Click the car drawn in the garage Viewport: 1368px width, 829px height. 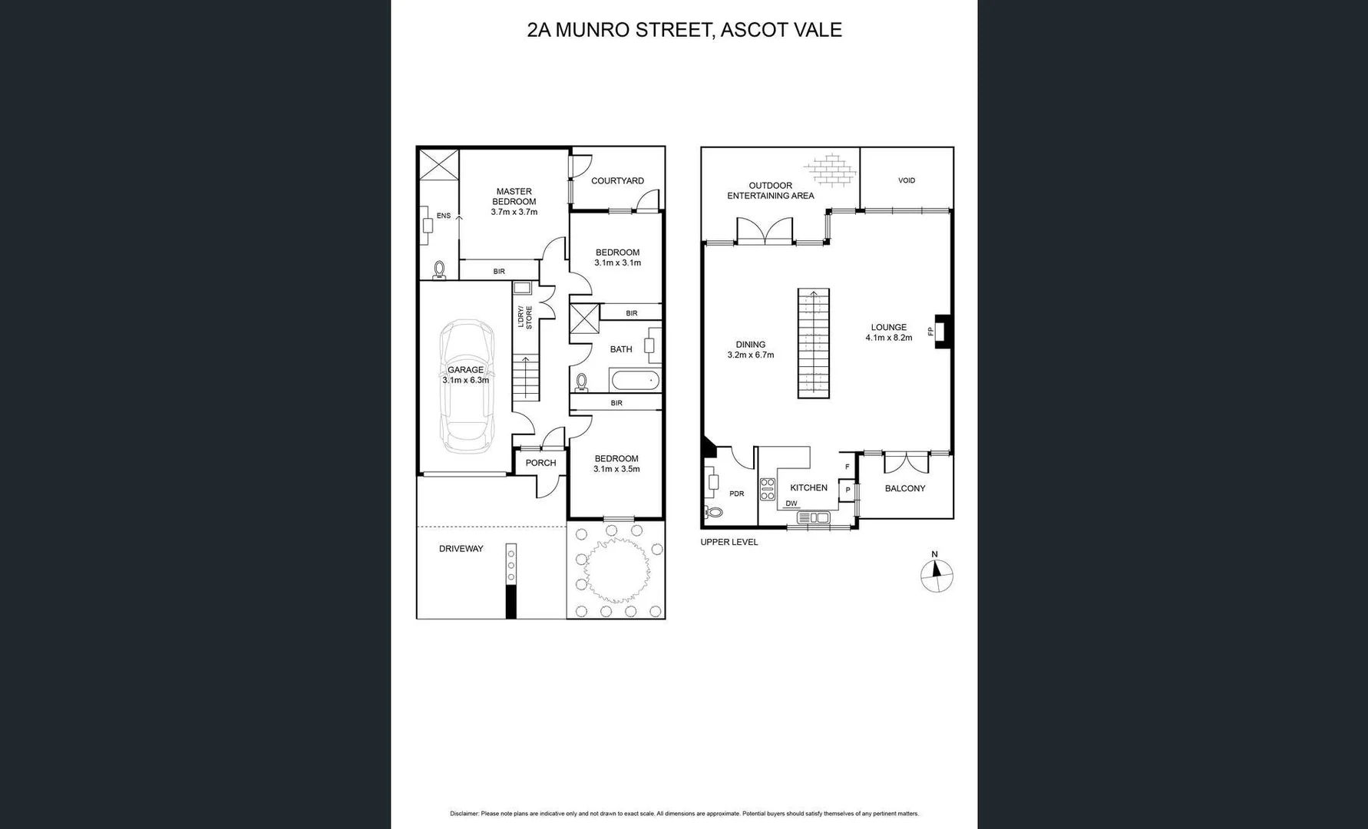coord(466,387)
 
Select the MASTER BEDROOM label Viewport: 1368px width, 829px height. coord(514,197)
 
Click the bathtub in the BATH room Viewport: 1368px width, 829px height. coord(634,380)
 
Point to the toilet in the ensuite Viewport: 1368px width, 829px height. coord(440,269)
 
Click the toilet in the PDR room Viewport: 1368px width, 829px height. coord(713,512)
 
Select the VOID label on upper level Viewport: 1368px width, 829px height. coord(907,180)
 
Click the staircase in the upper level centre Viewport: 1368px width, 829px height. coord(813,343)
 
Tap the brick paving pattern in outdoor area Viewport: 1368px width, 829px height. coord(829,170)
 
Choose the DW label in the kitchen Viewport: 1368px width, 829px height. coord(791,504)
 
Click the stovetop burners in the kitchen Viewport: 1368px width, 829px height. coord(767,489)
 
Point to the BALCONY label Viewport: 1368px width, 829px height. coord(905,488)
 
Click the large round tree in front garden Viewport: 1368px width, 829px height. coord(613,570)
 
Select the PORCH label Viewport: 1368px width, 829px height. coord(540,463)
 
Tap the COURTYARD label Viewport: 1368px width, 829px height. coord(617,181)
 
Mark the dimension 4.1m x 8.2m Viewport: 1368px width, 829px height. coord(889,338)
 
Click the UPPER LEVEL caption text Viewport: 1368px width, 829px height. coord(729,542)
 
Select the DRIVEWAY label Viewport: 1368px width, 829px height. coord(461,549)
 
